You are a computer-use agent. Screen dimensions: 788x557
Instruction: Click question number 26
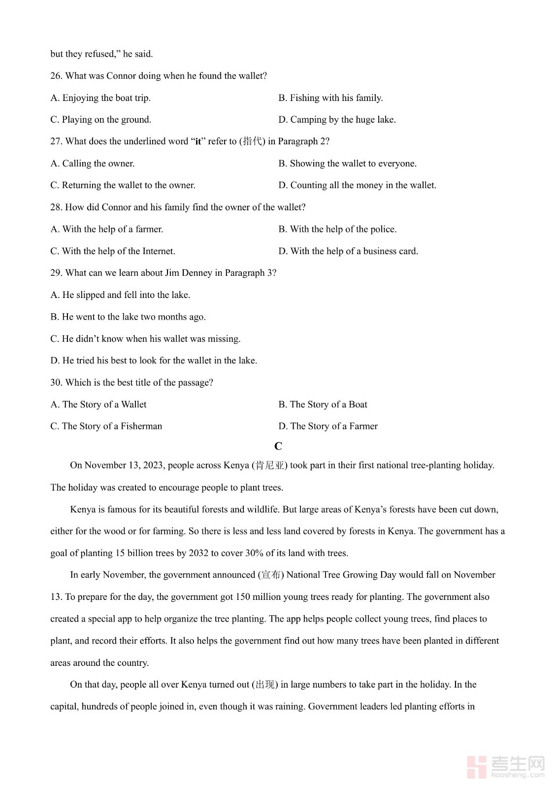tap(56, 76)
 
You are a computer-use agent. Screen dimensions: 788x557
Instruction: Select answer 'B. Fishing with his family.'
tap(330, 98)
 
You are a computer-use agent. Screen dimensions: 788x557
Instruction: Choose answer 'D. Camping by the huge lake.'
tap(337, 120)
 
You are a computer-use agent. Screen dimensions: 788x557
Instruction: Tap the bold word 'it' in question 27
tap(198, 142)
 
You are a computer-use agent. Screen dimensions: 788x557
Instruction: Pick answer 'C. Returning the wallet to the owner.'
tap(123, 185)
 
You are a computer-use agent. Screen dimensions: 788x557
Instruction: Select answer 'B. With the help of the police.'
tap(337, 229)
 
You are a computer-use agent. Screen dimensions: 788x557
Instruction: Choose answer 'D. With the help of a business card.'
tap(348, 251)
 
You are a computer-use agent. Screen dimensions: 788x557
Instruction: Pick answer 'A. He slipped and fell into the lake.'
tap(120, 295)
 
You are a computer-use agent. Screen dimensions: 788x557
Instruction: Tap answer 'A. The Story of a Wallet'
tap(98, 404)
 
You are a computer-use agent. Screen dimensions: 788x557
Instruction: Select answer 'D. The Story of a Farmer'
tap(328, 426)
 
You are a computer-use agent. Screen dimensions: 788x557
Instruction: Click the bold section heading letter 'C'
tap(278, 446)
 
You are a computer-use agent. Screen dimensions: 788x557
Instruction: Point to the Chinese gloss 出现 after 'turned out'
tap(265, 685)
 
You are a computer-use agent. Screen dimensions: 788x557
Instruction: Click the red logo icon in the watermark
tap(476, 767)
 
